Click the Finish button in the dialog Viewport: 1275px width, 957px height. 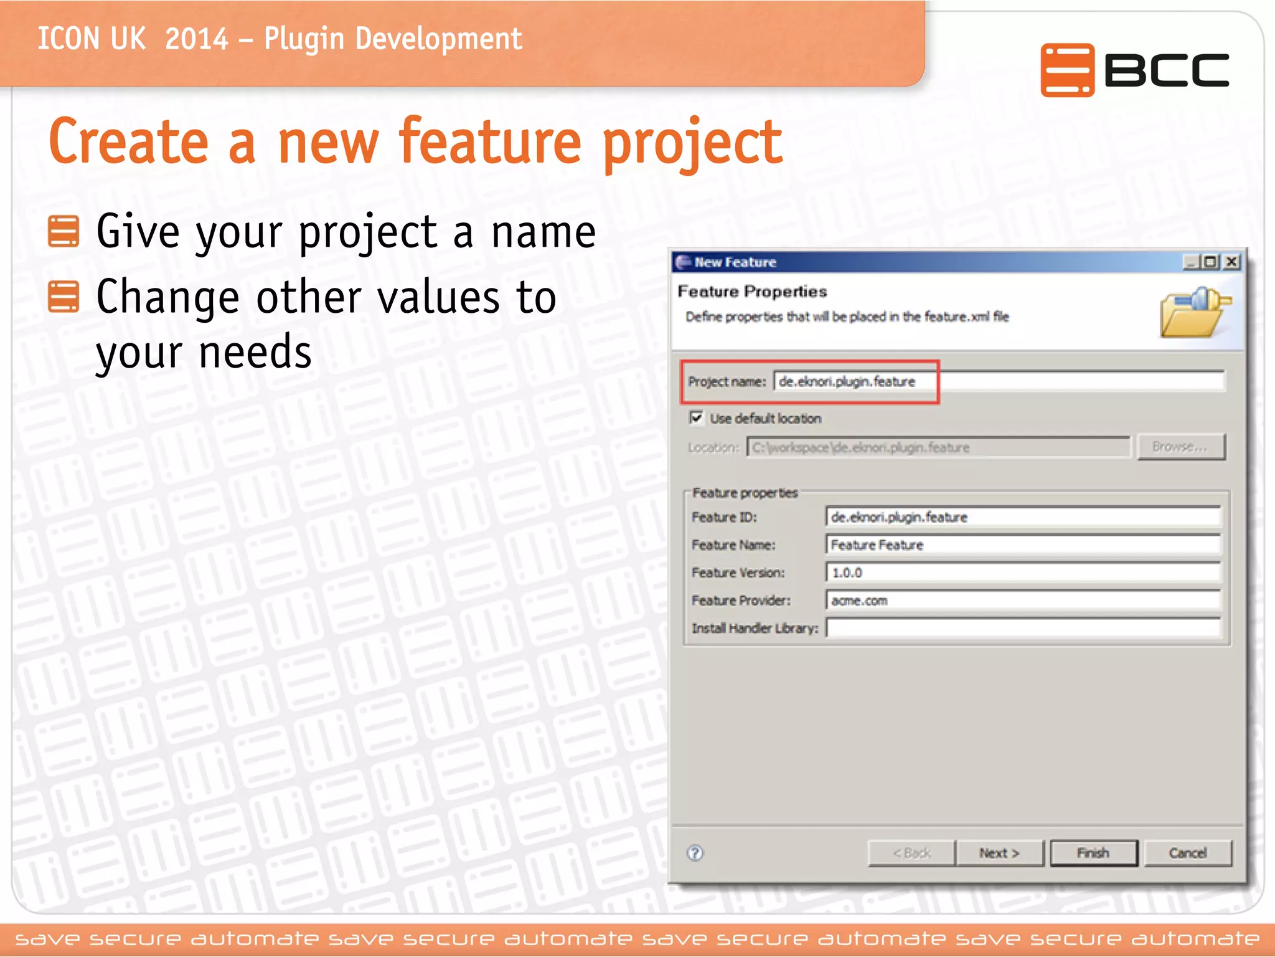click(x=1093, y=853)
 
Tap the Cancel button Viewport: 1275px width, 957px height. click(x=1187, y=853)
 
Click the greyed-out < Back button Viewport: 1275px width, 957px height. click(x=911, y=853)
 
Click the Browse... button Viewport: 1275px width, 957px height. click(x=1180, y=447)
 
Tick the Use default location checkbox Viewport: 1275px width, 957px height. click(x=696, y=417)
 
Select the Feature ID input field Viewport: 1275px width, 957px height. click(x=1022, y=517)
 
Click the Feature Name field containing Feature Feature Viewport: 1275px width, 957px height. click(x=1022, y=545)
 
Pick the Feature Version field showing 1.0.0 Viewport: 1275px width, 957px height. click(x=1022, y=573)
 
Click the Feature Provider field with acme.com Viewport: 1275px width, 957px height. click(x=1022, y=601)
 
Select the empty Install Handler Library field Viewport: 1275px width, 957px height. click(x=1022, y=628)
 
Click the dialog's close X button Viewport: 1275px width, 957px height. click(x=1231, y=262)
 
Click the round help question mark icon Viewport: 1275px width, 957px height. click(x=695, y=853)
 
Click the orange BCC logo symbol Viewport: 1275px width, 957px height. click(x=1067, y=70)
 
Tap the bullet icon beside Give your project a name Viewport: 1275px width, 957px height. click(x=64, y=232)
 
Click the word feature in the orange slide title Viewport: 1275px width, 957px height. click(x=491, y=142)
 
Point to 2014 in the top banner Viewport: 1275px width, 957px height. click(x=197, y=39)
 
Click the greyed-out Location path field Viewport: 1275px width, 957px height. click(x=938, y=447)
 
